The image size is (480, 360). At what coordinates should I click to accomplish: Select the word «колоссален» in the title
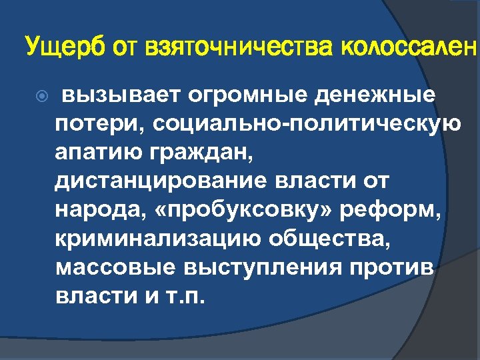click(409, 48)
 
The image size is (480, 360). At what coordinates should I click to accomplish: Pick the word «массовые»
click(117, 266)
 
